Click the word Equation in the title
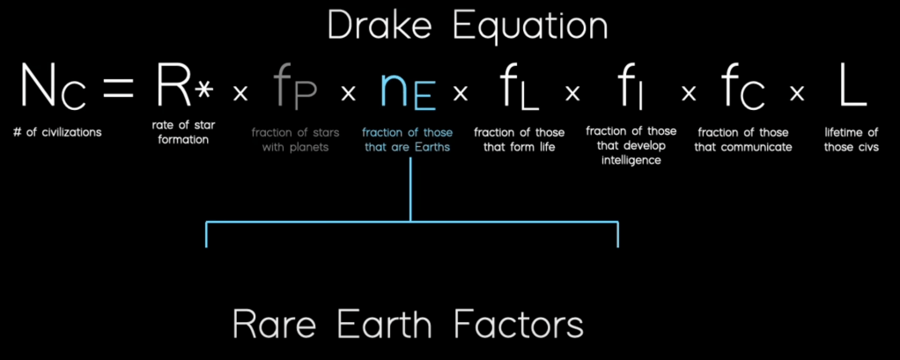point(530,28)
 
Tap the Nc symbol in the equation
point(54,86)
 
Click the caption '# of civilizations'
point(57,133)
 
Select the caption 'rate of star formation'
point(184,132)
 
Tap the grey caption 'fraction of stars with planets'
point(295,139)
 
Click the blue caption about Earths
point(407,139)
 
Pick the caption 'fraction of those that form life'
point(519,139)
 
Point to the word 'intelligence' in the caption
point(631,160)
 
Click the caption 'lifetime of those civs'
point(852,139)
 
